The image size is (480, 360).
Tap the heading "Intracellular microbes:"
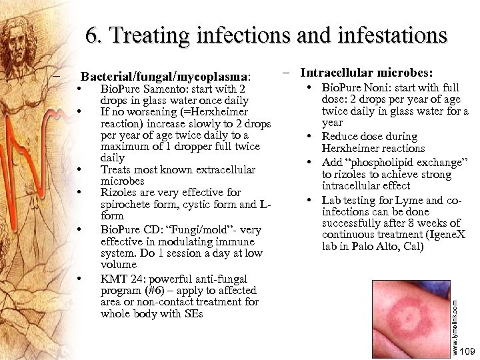366,73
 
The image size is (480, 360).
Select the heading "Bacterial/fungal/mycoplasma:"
166,77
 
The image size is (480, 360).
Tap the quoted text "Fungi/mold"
199,230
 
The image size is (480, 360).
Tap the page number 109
467,351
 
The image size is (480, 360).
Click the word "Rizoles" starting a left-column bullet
119,193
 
